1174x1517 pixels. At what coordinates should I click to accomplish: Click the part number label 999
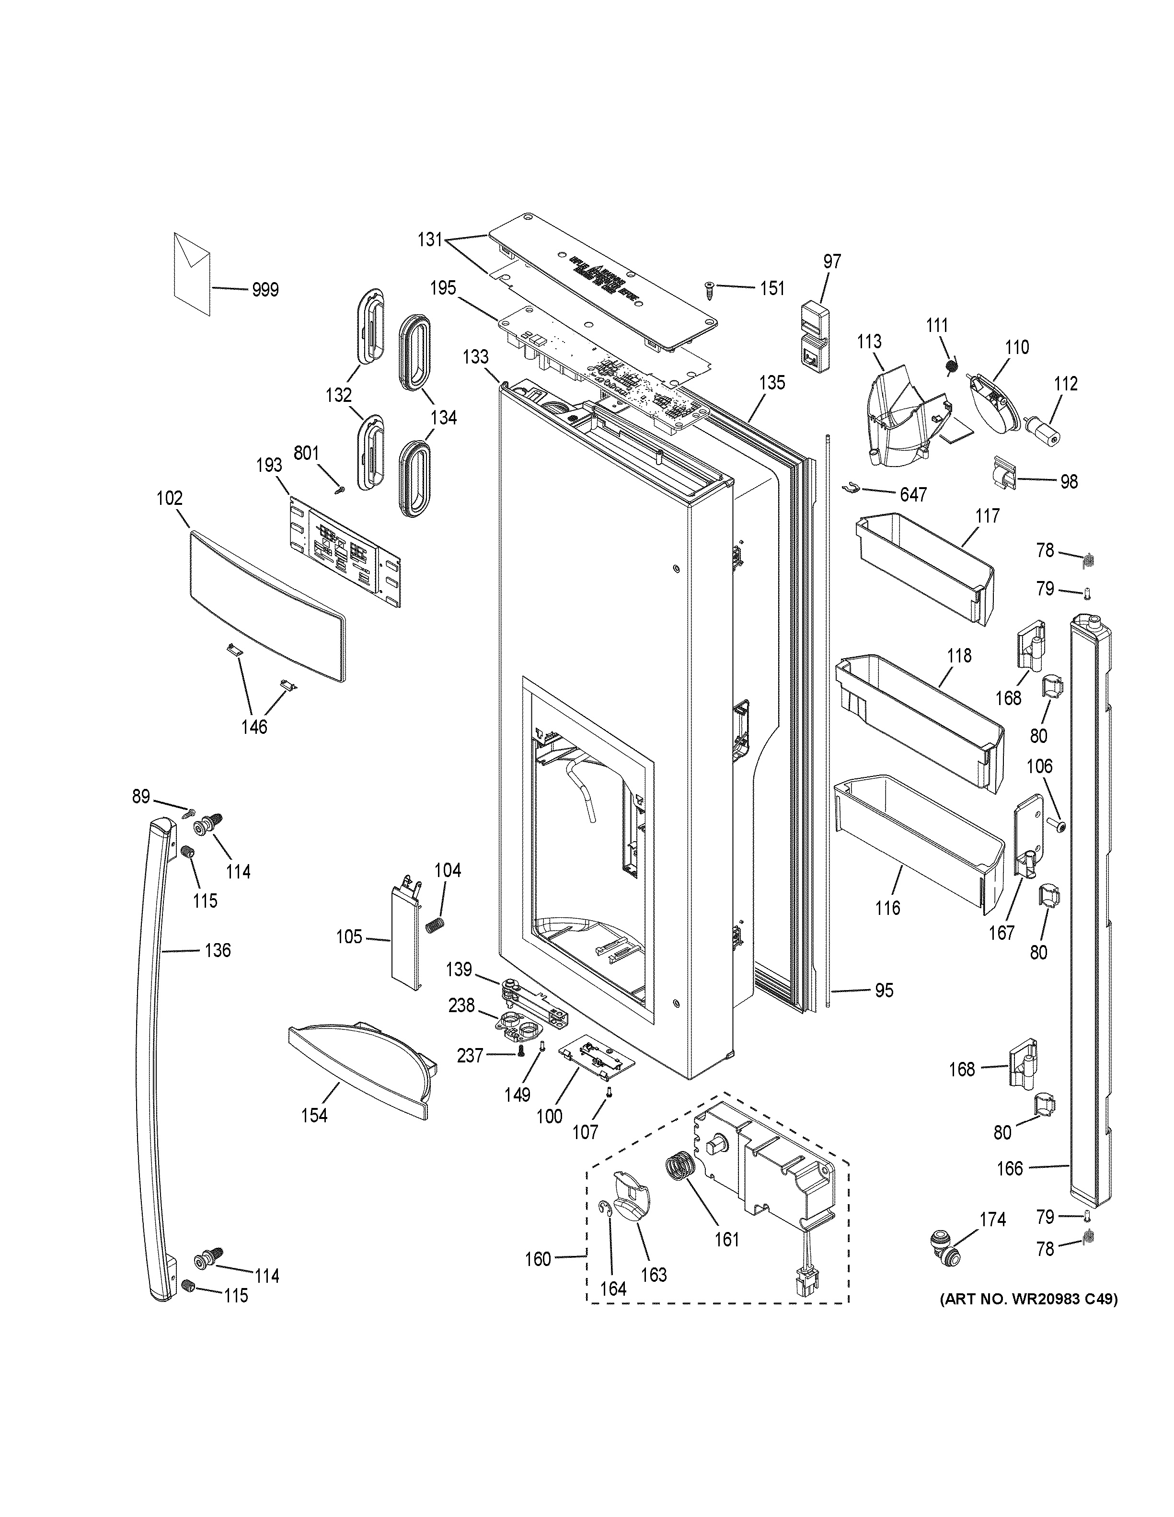point(265,290)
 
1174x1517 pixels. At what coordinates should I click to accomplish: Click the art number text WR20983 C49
point(1029,1300)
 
